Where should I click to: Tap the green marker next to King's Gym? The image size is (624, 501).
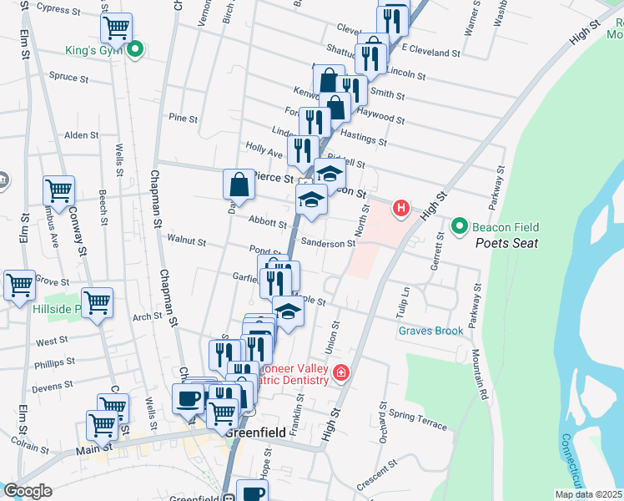[x=133, y=50]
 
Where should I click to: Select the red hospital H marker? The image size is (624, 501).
[x=401, y=208]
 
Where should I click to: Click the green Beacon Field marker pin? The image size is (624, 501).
[x=459, y=226]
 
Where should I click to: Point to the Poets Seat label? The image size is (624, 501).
[x=506, y=243]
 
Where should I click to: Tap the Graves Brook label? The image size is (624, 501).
[x=430, y=331]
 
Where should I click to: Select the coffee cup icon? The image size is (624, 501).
[x=186, y=397]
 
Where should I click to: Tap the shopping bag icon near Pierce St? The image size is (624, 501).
[x=239, y=185]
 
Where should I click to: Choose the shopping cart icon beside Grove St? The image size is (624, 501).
[x=19, y=284]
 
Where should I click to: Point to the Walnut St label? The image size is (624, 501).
[x=187, y=240]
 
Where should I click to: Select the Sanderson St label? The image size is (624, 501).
[x=328, y=243]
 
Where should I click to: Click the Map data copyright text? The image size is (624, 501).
[x=588, y=494]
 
